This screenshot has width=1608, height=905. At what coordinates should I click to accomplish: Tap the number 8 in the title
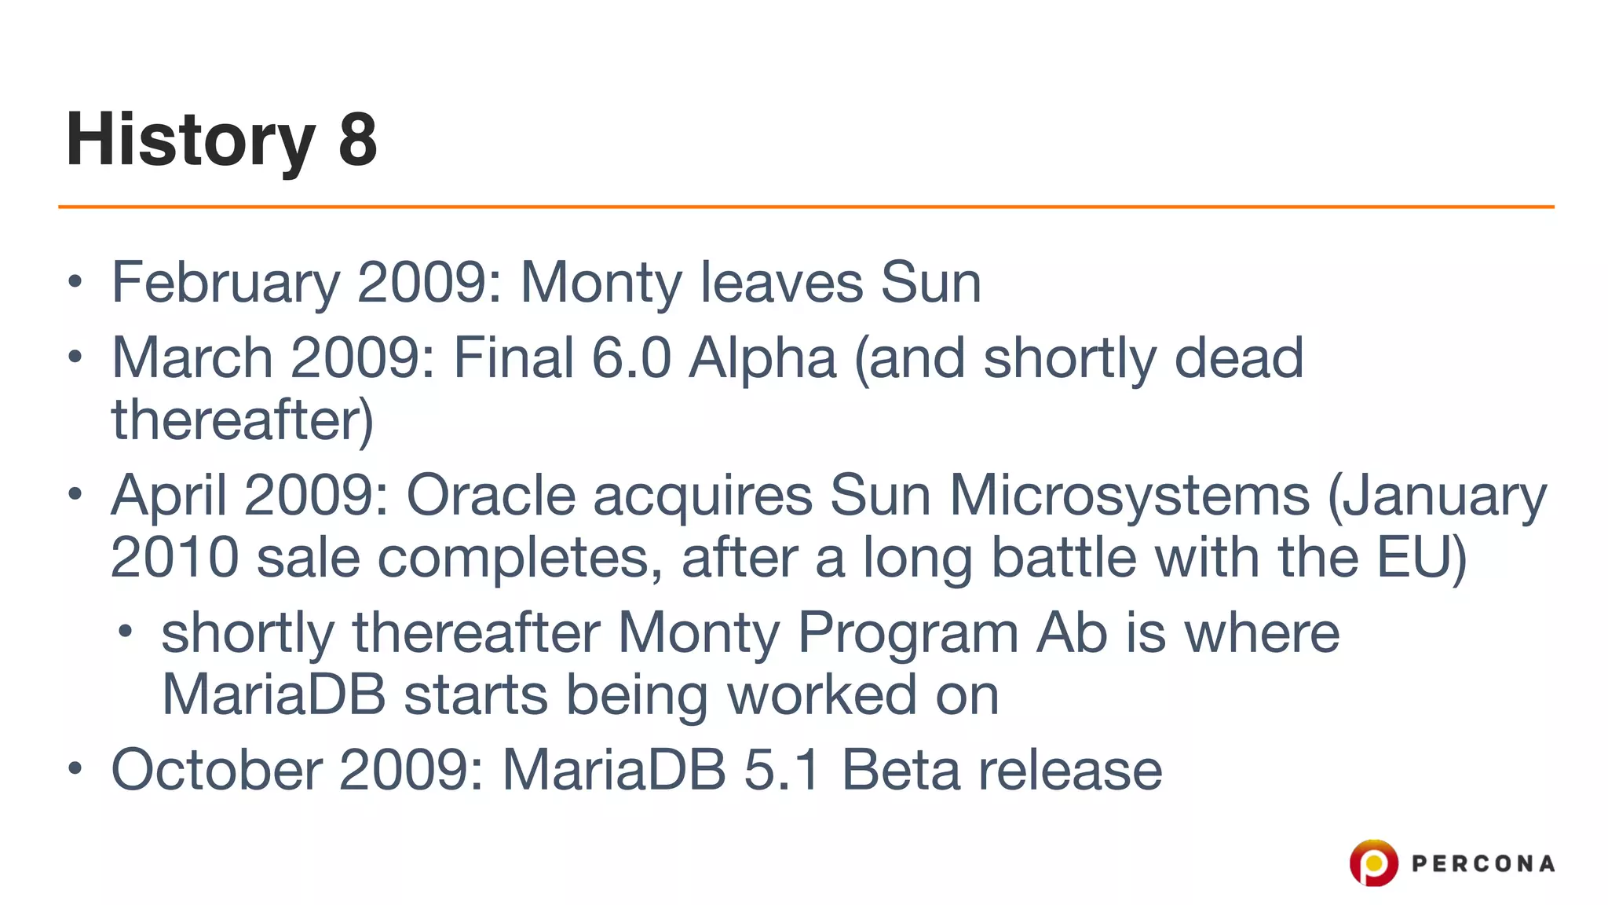358,140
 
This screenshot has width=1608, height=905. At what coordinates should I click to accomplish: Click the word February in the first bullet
226,283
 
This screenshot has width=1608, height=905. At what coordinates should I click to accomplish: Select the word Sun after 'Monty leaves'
930,283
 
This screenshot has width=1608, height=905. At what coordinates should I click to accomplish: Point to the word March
192,358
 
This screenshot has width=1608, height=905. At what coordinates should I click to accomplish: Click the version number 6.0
631,358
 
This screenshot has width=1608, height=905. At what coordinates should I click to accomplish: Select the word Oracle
491,496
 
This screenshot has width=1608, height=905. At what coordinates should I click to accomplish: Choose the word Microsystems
1129,496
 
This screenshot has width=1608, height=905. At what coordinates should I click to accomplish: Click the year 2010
174,558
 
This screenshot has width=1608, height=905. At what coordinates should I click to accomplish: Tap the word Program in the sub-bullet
908,633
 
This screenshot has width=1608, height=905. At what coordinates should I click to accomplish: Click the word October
217,770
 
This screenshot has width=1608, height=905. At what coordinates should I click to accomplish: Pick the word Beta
900,770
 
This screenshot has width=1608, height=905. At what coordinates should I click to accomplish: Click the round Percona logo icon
1373,863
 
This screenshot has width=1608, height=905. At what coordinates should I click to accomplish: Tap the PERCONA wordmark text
1482,864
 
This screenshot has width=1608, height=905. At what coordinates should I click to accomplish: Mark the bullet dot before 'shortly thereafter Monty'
125,630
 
